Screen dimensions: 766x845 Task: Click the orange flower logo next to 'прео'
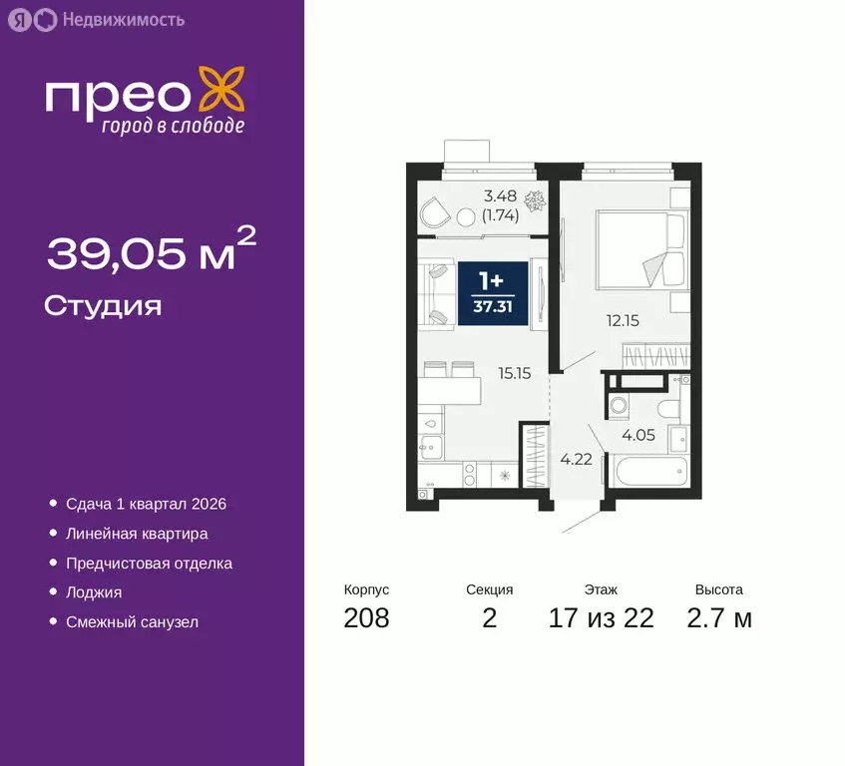pos(221,91)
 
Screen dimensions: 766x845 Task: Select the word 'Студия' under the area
pos(103,305)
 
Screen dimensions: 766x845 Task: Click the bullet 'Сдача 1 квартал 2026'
pos(146,505)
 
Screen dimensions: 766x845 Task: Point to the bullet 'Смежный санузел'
pos(132,621)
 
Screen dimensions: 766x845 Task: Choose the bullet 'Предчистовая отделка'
pos(149,564)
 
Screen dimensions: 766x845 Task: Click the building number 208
pos(366,618)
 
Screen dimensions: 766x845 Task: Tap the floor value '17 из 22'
pos(601,618)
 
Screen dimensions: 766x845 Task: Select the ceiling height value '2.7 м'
pos(719,618)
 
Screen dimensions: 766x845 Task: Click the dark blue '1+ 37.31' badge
pos(493,291)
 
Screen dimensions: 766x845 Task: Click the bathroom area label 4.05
pos(638,435)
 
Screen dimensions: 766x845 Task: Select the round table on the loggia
pos(466,216)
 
